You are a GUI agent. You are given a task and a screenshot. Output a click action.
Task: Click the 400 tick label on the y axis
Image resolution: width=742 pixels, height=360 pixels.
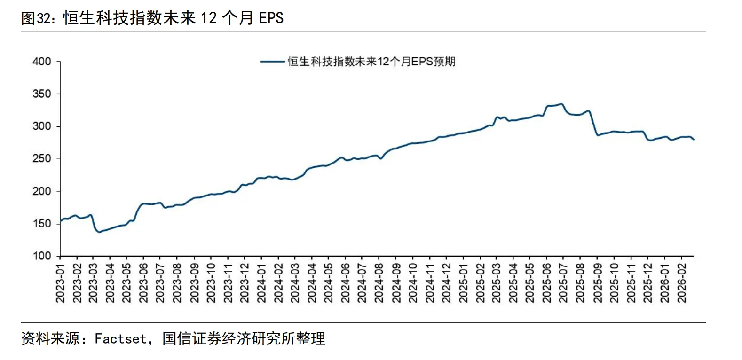42,62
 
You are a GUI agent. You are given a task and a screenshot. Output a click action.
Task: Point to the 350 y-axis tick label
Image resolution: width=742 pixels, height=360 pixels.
42,94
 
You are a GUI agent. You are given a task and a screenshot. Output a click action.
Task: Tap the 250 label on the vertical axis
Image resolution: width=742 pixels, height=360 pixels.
42,159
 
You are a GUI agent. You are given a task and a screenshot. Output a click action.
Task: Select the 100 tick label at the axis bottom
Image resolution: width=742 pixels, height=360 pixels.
42,256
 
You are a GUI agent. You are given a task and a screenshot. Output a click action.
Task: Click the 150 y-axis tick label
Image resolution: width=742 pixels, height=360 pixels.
42,224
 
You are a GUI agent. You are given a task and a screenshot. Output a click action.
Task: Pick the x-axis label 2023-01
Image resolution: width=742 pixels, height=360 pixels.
61,282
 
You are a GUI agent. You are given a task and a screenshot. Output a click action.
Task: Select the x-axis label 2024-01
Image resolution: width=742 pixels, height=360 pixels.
262,282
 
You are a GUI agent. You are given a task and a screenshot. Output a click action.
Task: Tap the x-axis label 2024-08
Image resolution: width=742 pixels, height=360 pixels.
379,282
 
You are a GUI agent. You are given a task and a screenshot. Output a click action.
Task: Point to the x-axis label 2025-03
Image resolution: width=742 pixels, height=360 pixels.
497,282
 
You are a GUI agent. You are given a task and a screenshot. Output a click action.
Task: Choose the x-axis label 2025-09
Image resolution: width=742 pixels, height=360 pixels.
597,282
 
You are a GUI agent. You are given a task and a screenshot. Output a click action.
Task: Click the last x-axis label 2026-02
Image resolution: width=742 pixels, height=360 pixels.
681,282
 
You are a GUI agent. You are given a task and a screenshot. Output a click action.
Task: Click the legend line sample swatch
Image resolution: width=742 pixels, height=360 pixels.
273,62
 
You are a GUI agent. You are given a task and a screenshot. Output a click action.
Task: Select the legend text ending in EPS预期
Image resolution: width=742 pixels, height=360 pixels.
371,62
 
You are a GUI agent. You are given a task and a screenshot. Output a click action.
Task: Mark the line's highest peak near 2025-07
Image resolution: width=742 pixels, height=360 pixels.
561,104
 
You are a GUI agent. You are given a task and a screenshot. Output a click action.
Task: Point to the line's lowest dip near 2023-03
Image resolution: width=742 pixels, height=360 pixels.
99,232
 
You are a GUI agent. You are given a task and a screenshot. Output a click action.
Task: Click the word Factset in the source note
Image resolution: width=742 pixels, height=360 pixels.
120,338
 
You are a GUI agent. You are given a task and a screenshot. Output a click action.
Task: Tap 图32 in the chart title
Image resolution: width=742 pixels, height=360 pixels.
35,18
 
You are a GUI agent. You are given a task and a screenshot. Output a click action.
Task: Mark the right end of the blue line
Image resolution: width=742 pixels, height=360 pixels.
694,139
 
